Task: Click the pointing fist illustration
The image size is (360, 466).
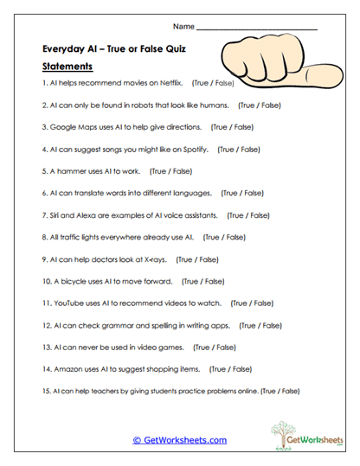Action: (x=275, y=64)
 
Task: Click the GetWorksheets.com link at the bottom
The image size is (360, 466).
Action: (x=179, y=440)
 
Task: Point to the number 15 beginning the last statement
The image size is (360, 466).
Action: (x=46, y=391)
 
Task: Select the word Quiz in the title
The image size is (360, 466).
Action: (x=177, y=48)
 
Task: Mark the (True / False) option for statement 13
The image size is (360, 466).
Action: (x=215, y=347)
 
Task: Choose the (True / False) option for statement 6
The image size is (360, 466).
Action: (x=243, y=193)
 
